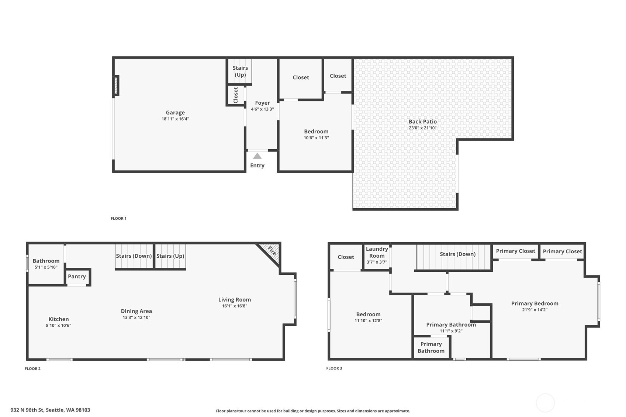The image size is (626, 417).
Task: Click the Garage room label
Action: [x=175, y=112]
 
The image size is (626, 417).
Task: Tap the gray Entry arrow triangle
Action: [x=257, y=156]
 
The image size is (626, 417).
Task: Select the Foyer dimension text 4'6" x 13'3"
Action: [x=262, y=109]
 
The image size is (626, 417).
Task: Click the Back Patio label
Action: [x=422, y=121]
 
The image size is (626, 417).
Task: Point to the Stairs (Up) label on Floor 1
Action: [x=240, y=71]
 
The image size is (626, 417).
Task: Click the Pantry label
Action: [x=77, y=276]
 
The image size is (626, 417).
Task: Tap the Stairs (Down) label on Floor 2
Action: [x=134, y=256]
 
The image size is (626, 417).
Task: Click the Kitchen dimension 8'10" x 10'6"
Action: [x=59, y=326]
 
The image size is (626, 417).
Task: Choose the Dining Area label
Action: [x=136, y=311]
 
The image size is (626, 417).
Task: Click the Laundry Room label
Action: [x=377, y=252]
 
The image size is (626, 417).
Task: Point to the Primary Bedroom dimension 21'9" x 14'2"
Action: [x=535, y=310]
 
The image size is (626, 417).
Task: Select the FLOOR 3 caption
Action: [x=334, y=368]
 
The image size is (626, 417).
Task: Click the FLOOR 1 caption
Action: [x=118, y=218]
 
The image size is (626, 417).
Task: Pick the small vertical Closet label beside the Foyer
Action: [x=236, y=95]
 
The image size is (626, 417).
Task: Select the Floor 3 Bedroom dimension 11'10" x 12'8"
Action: [x=368, y=321]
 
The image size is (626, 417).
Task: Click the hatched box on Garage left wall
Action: [x=116, y=86]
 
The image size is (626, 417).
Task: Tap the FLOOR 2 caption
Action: [x=32, y=369]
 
